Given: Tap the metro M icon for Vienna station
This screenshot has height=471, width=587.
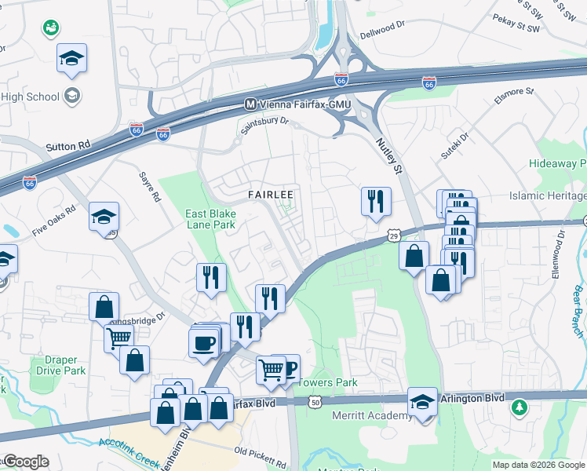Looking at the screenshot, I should [x=251, y=104].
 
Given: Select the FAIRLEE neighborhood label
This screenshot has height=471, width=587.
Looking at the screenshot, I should [x=271, y=194].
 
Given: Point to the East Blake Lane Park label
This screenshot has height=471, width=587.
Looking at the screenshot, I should [x=210, y=219].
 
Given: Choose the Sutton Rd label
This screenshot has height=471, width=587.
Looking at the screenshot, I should [x=68, y=146].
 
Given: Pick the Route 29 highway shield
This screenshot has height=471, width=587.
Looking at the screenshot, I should [x=394, y=235].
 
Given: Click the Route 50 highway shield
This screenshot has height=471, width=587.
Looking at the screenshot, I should [x=315, y=402].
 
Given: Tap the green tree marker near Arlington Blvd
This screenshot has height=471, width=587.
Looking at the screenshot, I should [x=519, y=407].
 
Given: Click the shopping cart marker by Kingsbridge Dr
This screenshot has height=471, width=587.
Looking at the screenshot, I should [x=118, y=338].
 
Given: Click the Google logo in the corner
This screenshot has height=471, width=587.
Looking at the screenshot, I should [x=25, y=462].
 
